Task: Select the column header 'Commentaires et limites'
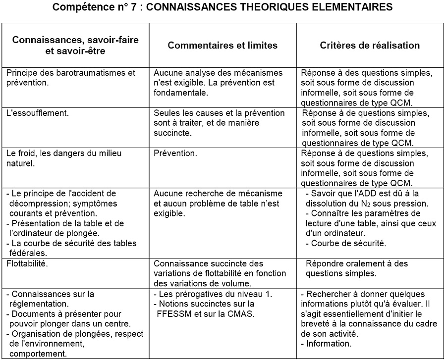coord(223,45)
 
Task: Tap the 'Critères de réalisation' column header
coord(370,45)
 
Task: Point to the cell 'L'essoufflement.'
coord(38,113)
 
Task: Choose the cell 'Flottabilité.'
coord(27,263)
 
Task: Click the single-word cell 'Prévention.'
coord(175,154)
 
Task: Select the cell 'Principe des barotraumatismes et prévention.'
coord(70,78)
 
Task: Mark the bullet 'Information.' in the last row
coord(329,344)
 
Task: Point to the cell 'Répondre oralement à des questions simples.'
coord(352,268)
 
